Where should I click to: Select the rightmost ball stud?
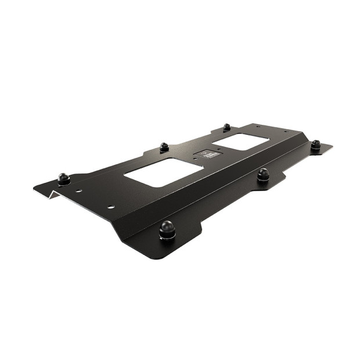315,144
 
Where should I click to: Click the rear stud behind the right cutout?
227,127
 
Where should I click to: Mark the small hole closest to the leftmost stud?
80,191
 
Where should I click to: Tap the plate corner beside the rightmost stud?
332,146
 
